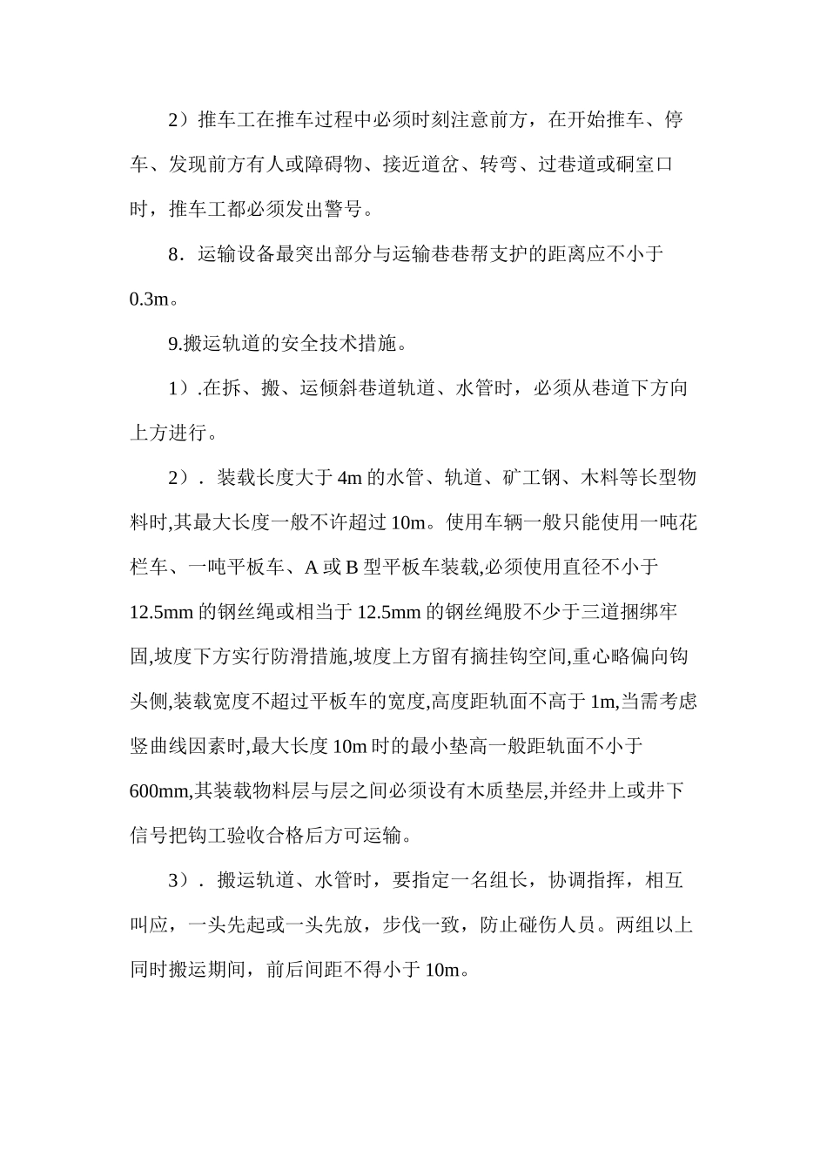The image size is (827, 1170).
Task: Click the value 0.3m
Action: (148, 299)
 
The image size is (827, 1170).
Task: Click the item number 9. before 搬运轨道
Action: (175, 343)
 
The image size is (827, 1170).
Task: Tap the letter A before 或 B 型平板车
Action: (311, 568)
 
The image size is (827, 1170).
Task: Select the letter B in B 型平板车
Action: (353, 568)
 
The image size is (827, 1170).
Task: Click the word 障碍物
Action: (346, 165)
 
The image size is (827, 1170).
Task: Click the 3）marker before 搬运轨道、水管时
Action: (179, 880)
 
